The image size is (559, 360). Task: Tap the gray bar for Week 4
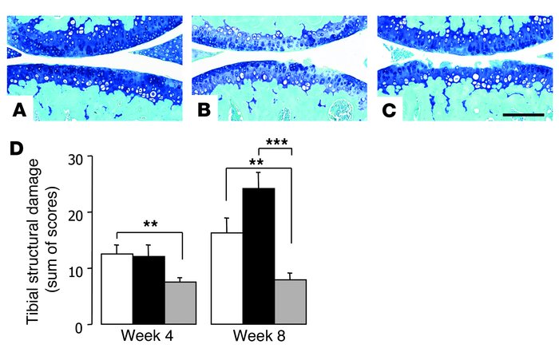pos(180,303)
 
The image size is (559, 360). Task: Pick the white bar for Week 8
pos(227,279)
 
